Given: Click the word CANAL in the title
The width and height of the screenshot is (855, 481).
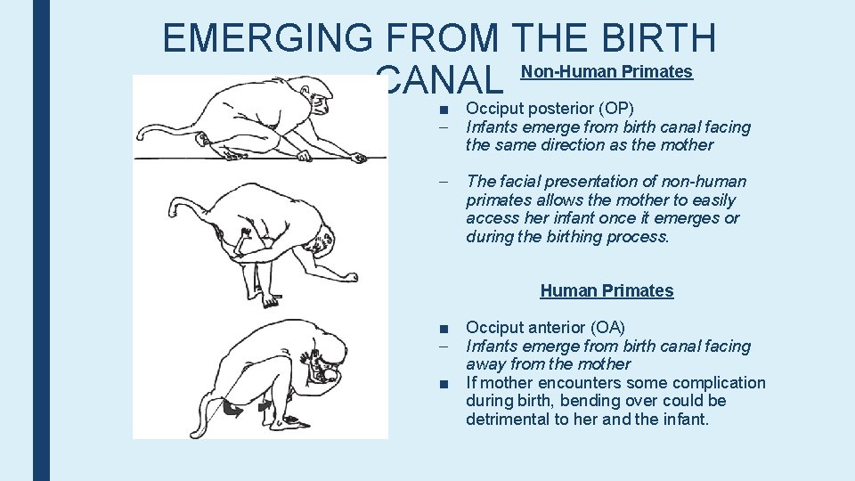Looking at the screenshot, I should click(x=439, y=82).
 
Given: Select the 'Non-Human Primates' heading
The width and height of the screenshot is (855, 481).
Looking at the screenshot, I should click(x=607, y=72).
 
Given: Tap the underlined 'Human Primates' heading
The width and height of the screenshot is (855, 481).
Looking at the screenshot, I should click(x=607, y=290).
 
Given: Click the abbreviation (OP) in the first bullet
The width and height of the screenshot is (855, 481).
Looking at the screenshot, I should click(x=615, y=109).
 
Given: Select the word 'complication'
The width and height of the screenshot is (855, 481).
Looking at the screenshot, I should click(x=719, y=383).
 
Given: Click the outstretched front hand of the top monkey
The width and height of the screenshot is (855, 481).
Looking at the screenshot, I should click(x=356, y=158).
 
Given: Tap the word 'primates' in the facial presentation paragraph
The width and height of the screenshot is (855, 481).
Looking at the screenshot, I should click(x=500, y=200).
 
